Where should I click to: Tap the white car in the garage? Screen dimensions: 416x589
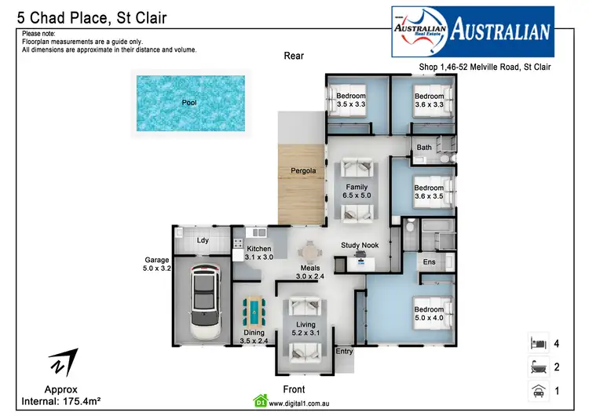(203, 301)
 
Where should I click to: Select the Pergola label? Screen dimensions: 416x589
(303, 170)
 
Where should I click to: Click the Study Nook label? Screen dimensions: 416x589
(360, 245)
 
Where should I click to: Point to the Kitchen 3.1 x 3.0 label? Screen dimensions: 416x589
(258, 253)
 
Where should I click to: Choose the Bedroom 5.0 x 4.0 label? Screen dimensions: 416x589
(429, 314)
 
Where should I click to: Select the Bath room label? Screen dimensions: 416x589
(424, 148)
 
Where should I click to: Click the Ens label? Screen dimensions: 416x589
(429, 261)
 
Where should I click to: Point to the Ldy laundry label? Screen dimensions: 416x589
(202, 240)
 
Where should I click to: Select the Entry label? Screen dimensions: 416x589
(344, 351)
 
